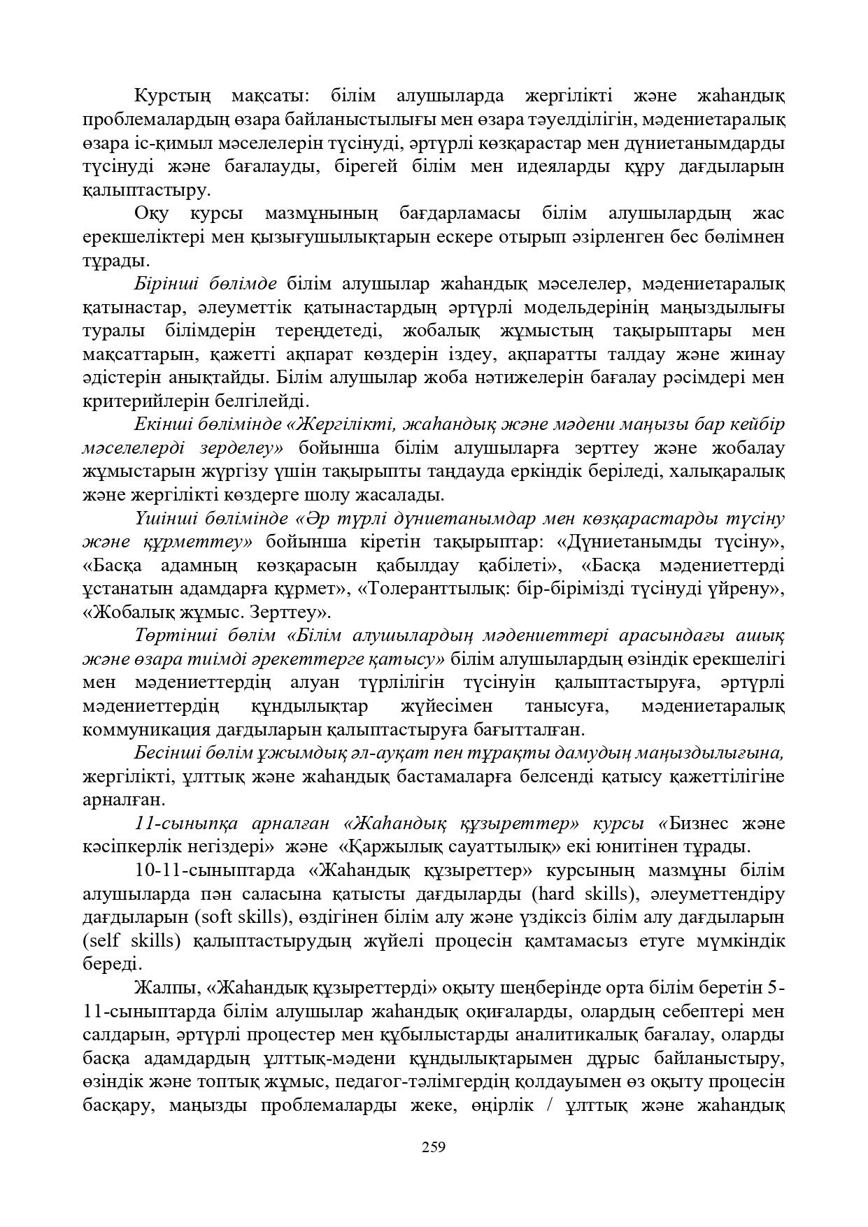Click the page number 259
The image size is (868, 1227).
click(434, 1147)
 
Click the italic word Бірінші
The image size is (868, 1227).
click(167, 284)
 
